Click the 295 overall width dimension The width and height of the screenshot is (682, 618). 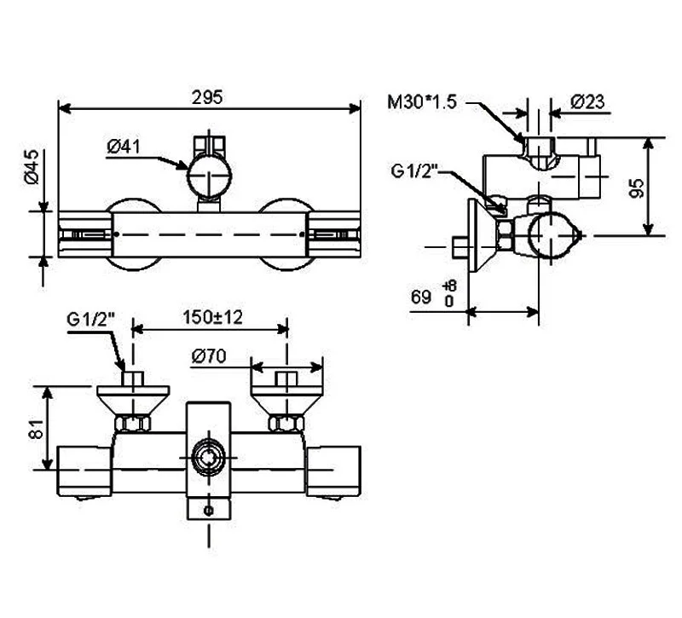coord(207,97)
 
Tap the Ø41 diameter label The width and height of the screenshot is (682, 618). coord(124,147)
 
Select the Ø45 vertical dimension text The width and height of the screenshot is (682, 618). coord(32,167)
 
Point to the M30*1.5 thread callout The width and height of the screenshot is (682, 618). coord(422,102)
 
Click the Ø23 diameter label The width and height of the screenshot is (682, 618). coord(587,101)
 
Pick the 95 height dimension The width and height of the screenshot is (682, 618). coord(636,188)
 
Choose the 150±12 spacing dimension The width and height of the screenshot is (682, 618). coord(212,317)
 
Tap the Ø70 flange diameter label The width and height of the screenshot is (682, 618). coord(209,356)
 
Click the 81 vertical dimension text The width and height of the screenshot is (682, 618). coord(38,429)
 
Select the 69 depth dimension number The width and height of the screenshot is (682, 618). coord(421,297)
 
